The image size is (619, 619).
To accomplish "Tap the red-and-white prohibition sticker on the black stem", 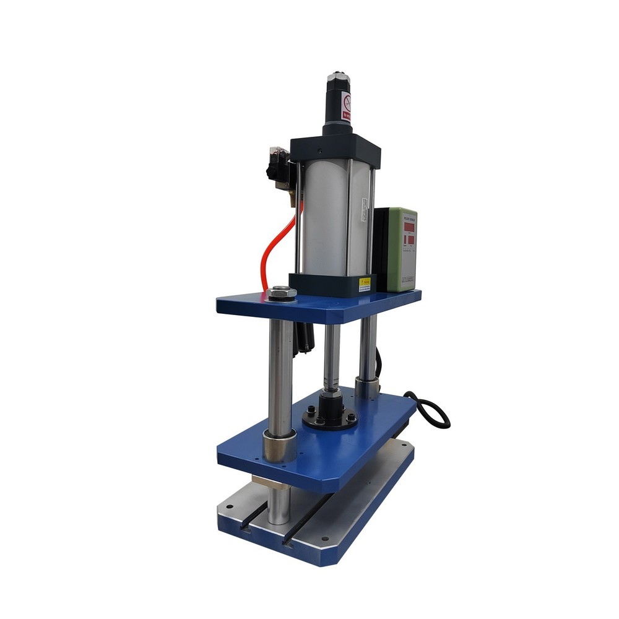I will point(347,105).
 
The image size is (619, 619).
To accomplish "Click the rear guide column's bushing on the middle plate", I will point(367,387).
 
